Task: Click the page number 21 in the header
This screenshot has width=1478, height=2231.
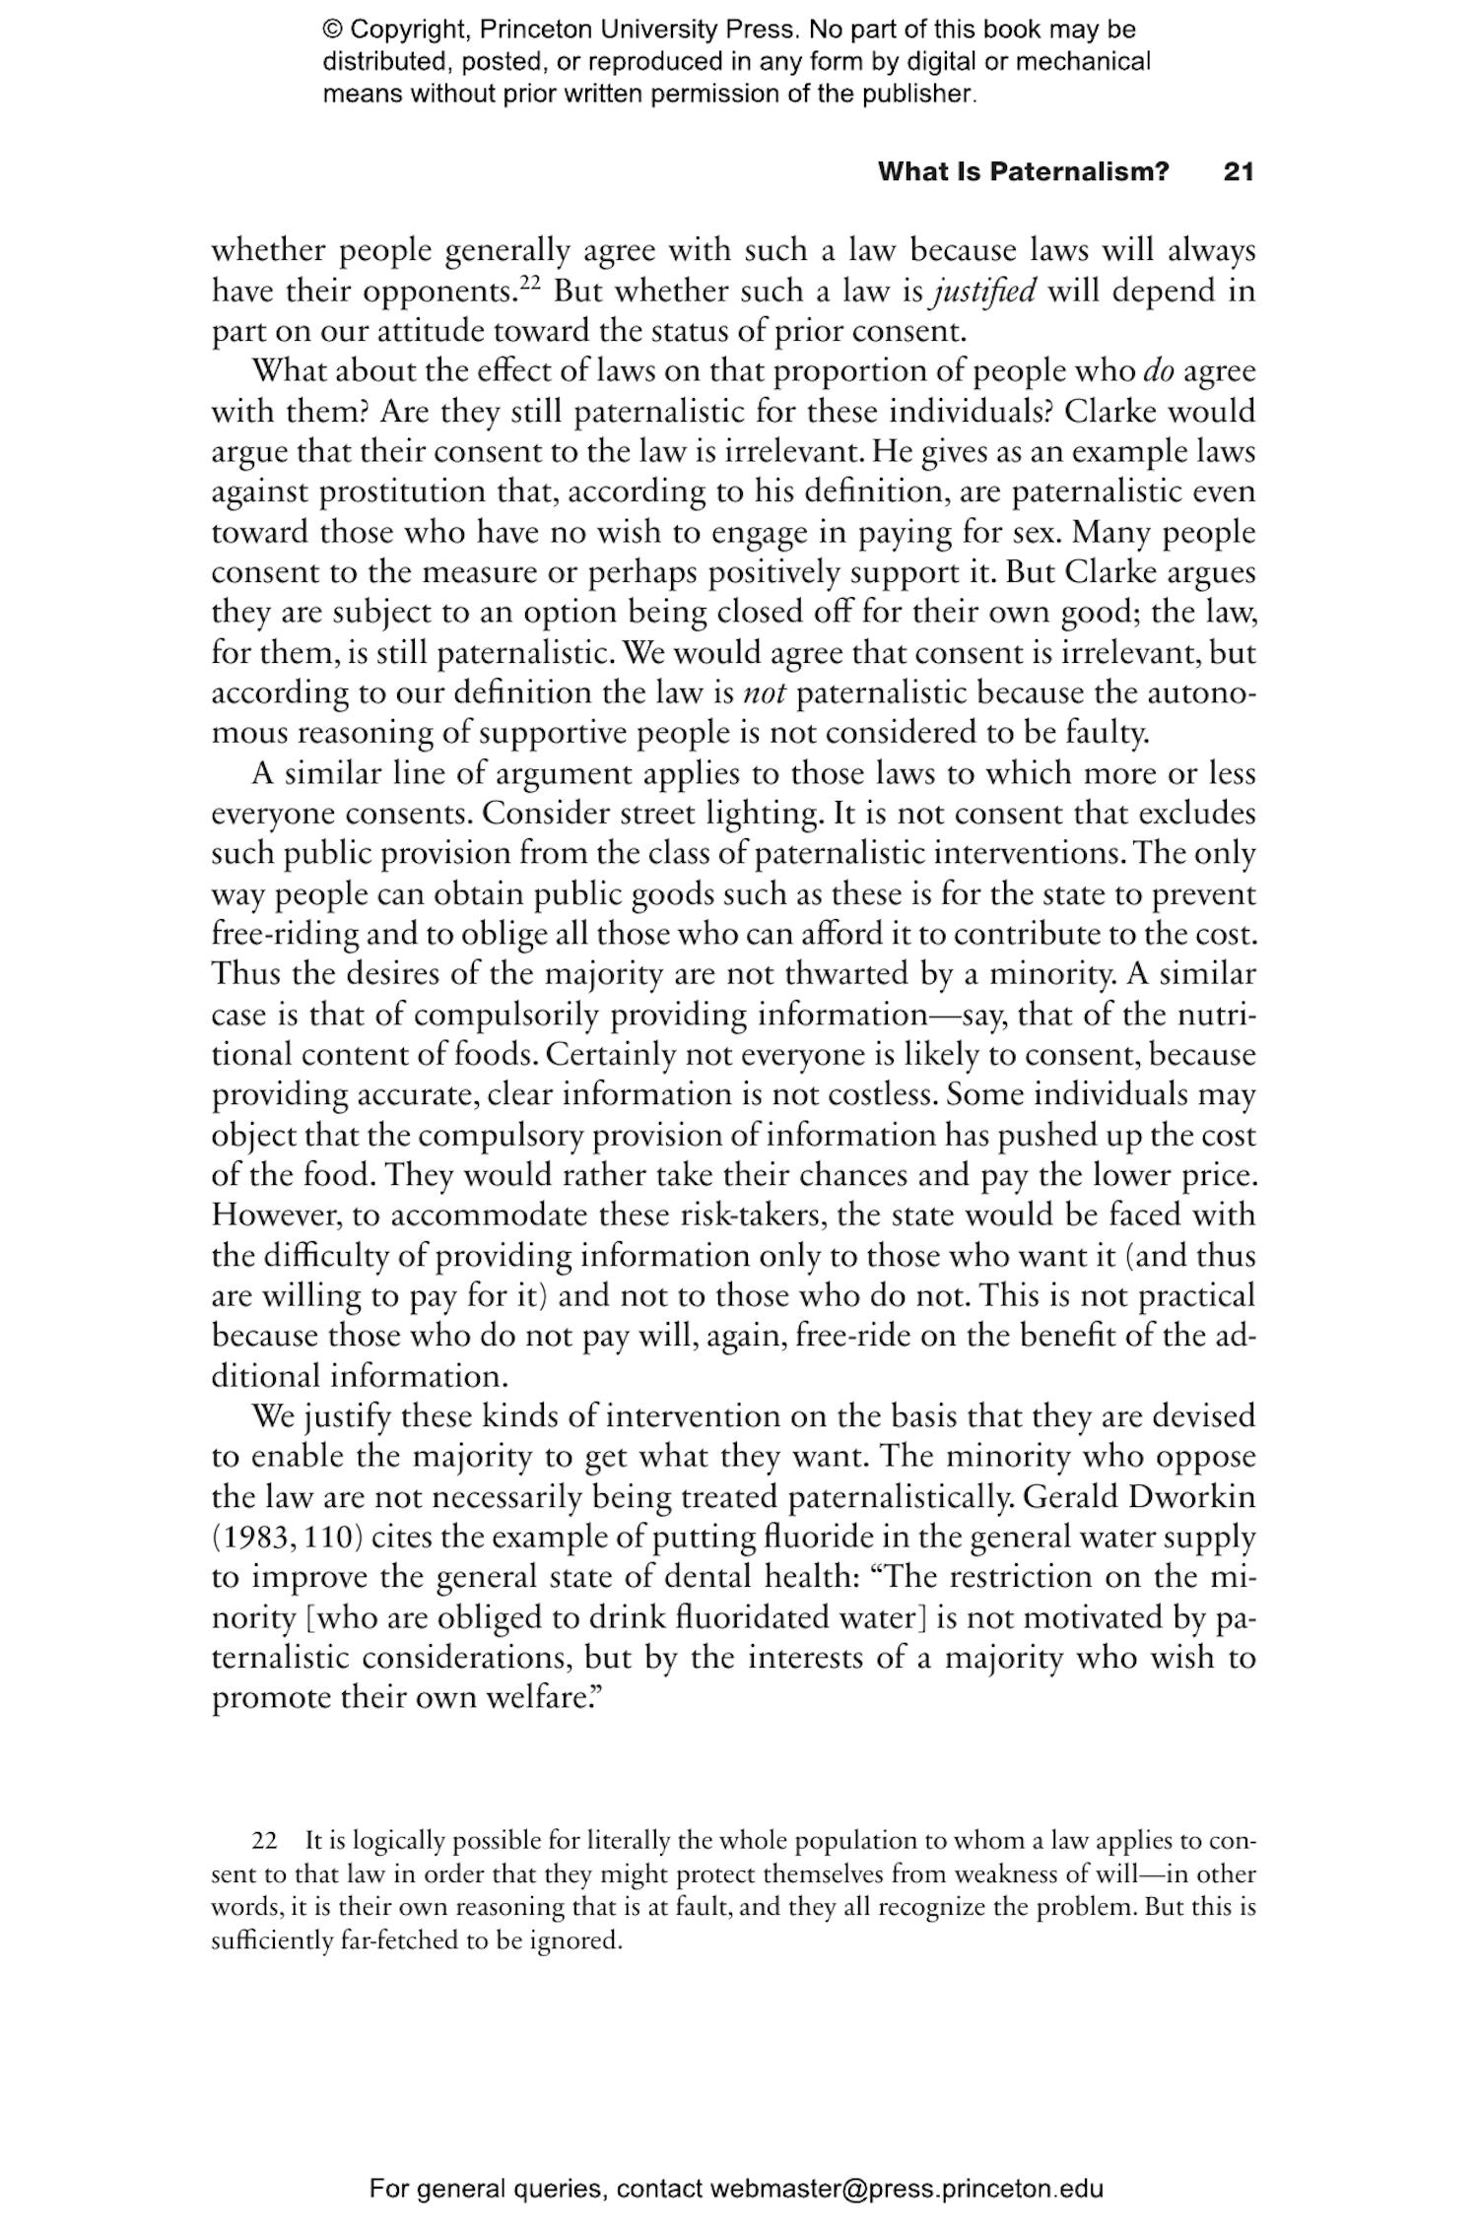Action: [1238, 171]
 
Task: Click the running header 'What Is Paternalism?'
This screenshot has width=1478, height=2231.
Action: [1023, 171]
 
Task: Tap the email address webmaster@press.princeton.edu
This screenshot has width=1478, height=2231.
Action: [906, 2189]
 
